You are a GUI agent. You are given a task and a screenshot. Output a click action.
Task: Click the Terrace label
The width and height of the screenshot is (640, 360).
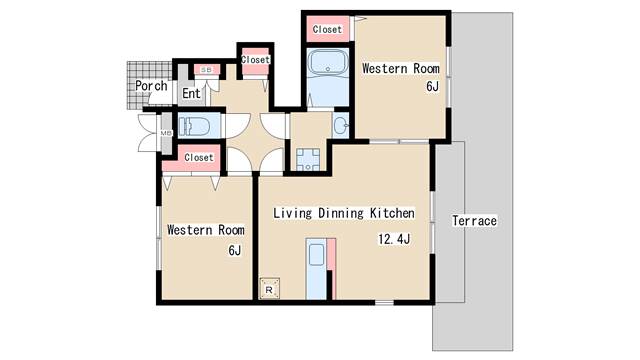(x=474, y=221)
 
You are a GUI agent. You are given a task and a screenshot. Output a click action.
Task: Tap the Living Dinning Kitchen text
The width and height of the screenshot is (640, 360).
(x=344, y=213)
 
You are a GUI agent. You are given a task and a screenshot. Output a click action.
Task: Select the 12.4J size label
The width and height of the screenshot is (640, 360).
(x=394, y=239)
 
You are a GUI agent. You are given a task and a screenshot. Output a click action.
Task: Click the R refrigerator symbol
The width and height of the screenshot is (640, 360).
(x=269, y=289)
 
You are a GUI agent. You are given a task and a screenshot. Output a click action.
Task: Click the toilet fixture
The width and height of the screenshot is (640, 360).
(x=194, y=126)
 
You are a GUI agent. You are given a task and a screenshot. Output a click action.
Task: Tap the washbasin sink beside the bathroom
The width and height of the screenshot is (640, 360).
(x=341, y=125)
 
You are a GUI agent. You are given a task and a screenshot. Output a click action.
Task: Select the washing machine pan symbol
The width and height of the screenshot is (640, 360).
(x=308, y=160)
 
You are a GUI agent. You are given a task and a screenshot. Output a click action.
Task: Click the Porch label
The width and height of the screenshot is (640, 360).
(x=151, y=86)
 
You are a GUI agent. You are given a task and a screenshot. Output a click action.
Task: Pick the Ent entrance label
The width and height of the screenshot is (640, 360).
(x=191, y=93)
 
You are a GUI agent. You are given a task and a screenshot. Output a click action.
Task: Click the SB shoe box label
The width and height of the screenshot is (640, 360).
(x=207, y=70)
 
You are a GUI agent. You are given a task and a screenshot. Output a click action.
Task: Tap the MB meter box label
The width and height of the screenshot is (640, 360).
(x=166, y=133)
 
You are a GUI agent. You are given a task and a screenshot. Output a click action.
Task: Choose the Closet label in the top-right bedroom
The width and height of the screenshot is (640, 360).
(x=327, y=29)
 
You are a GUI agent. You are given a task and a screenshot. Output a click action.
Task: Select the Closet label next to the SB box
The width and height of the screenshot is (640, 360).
(x=255, y=60)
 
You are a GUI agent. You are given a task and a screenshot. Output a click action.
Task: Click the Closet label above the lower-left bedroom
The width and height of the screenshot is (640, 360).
(x=199, y=157)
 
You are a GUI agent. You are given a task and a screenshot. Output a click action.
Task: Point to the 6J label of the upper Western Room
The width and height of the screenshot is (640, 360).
(x=432, y=87)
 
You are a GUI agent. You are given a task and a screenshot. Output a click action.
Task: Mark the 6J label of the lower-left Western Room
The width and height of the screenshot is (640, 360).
(x=235, y=250)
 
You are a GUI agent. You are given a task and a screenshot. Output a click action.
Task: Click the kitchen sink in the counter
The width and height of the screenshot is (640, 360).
(x=316, y=255)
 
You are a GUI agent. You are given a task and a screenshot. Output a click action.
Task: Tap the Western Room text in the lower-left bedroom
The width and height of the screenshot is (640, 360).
(x=206, y=230)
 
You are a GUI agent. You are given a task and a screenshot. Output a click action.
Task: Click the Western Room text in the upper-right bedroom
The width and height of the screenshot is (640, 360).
(x=401, y=68)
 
